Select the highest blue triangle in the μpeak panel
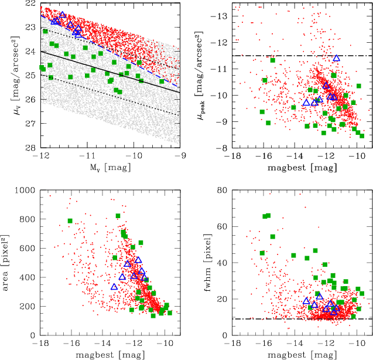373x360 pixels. [336, 58]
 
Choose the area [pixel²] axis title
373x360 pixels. [8, 262]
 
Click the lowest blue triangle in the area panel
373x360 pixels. [115, 286]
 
